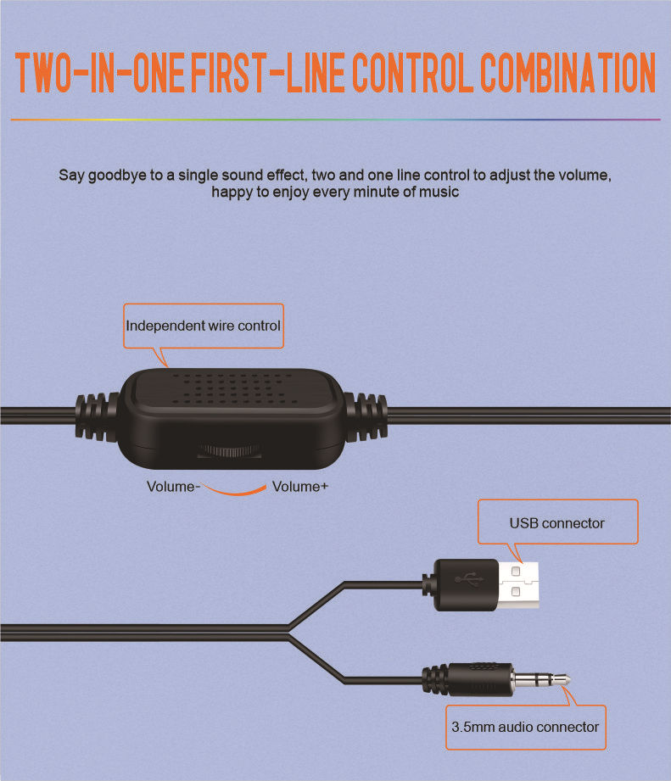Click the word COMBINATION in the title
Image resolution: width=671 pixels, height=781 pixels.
(x=568, y=73)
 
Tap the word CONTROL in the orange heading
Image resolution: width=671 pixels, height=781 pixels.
(x=413, y=73)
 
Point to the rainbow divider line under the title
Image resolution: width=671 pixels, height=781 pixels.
(x=335, y=120)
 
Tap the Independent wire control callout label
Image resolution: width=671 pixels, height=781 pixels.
(x=204, y=326)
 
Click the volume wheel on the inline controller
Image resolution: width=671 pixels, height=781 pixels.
(x=229, y=451)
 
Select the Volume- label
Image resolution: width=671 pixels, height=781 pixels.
(x=173, y=486)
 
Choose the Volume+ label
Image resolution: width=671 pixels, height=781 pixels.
(x=300, y=486)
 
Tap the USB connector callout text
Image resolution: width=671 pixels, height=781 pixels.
(x=557, y=523)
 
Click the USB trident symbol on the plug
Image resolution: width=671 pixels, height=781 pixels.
(x=469, y=579)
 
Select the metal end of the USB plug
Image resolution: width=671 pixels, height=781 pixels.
(x=518, y=585)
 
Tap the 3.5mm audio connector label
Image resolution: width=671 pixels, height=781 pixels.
(x=525, y=728)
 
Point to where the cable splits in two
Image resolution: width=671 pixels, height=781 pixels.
(x=289, y=633)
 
